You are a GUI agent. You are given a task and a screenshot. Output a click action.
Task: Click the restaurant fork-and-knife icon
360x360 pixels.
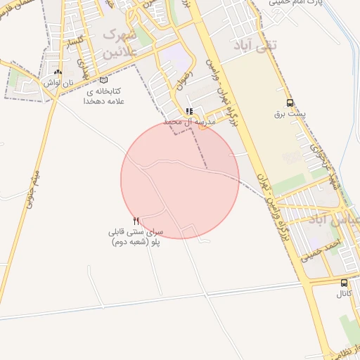pos(136,221)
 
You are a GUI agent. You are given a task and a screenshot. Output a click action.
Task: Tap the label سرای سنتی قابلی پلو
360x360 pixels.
pos(136,236)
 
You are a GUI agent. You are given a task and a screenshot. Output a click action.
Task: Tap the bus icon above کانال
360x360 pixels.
pos(344,283)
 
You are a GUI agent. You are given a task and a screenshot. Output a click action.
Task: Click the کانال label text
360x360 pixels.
pos(344,293)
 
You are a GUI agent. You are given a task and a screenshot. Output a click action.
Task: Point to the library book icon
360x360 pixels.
pos(104,80)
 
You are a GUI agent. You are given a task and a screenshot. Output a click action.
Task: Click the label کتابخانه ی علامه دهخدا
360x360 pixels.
pos(103,96)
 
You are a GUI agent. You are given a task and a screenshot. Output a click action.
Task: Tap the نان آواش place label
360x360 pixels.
pos(58,82)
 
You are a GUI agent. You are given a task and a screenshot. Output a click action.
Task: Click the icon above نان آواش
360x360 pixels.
pos(58,72)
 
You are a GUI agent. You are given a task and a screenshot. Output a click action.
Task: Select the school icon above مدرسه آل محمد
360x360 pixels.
pos(188,111)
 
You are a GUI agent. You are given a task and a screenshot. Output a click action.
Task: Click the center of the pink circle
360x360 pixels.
pos(180,180)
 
